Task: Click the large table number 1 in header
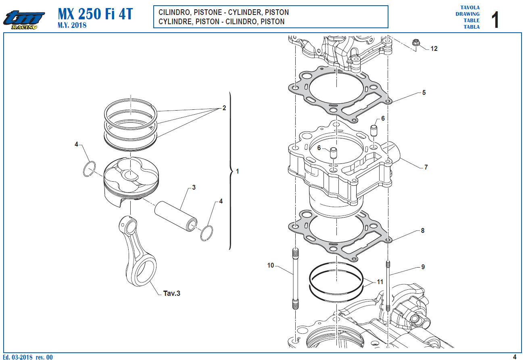[495, 20]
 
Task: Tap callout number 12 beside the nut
[434, 49]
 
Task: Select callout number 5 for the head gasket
[424, 92]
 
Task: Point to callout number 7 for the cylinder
[426, 167]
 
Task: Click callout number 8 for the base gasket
[422, 231]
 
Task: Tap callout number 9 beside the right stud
[423, 267]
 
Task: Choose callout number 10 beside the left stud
[270, 265]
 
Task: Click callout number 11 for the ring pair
[380, 282]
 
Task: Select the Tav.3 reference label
[171, 293]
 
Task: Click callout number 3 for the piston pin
[194, 187]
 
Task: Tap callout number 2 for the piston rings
[224, 108]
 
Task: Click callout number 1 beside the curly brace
[237, 171]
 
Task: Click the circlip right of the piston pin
[207, 233]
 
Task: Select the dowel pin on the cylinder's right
[374, 131]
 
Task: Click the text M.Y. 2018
[72, 25]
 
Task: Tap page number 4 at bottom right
[514, 357]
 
